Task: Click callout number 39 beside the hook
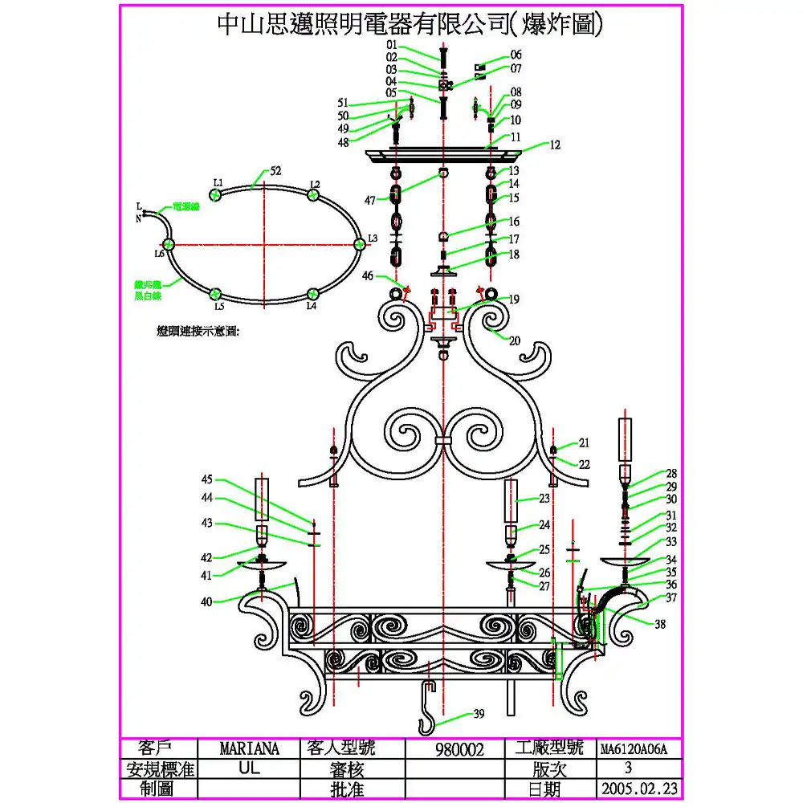(479, 714)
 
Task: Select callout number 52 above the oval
(275, 171)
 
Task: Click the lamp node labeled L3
(359, 244)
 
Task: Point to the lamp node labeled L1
(215, 194)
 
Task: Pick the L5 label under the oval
(218, 306)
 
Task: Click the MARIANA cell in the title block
(249, 749)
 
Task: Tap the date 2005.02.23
(639, 789)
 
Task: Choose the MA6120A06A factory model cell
(634, 749)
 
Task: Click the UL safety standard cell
(249, 768)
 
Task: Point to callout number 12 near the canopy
(555, 145)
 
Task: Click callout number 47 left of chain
(369, 200)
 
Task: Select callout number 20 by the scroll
(515, 340)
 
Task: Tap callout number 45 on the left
(207, 480)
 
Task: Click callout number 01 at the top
(392, 44)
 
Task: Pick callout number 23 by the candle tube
(544, 499)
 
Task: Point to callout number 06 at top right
(516, 55)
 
